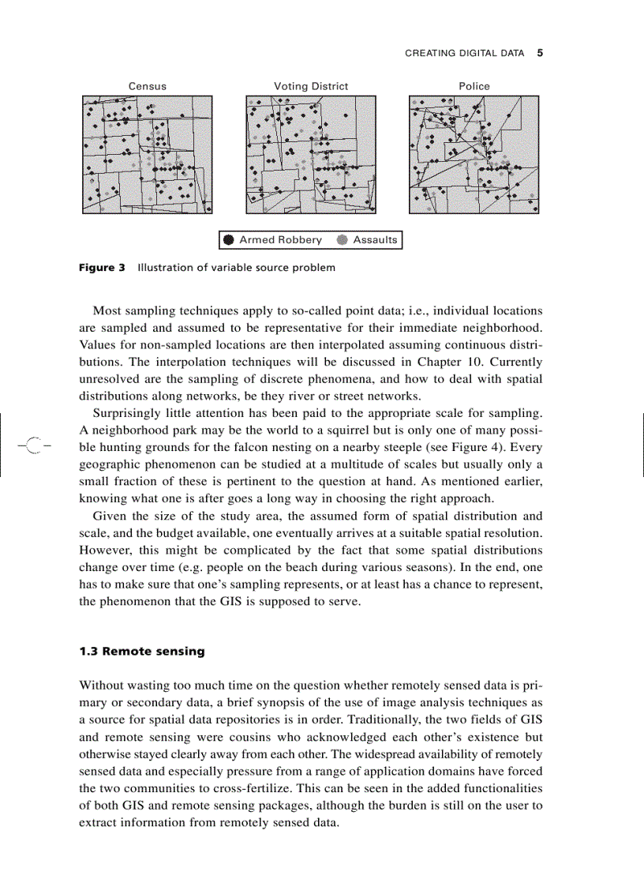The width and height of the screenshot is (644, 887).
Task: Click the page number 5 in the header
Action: (x=540, y=54)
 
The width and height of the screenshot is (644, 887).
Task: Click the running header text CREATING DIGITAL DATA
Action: (x=464, y=54)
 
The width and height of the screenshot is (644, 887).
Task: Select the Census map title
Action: (x=148, y=86)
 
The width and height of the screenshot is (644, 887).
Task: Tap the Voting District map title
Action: (x=311, y=86)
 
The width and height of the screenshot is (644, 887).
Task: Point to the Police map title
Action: (x=474, y=86)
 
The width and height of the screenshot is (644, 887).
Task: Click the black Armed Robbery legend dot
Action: (x=229, y=240)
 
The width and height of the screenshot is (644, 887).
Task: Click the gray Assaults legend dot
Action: (x=342, y=240)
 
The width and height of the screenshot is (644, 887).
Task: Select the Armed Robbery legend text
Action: (x=280, y=240)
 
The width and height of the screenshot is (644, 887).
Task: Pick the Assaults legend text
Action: (x=375, y=240)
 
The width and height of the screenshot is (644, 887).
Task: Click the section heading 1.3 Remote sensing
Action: (x=142, y=652)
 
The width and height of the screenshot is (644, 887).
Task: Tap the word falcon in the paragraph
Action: (x=258, y=446)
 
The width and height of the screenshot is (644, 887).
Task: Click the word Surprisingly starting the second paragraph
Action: (x=130, y=413)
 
